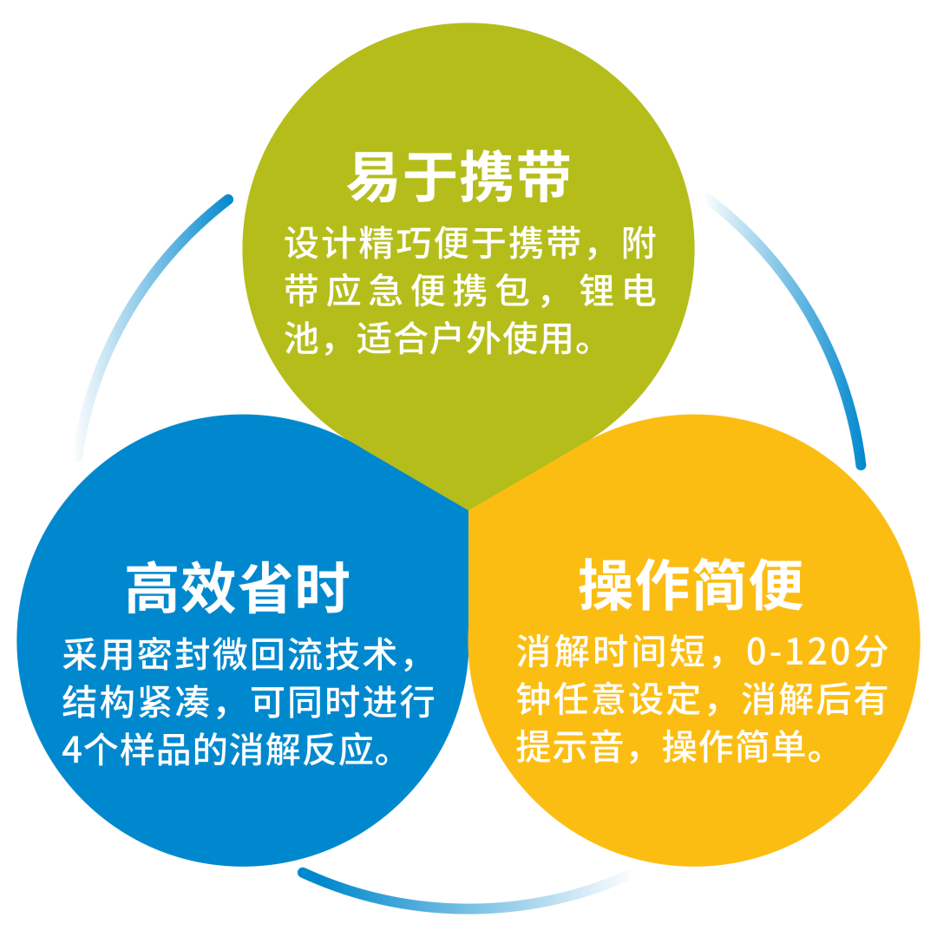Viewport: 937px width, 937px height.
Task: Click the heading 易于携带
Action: click(459, 178)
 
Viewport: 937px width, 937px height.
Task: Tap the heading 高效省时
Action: click(237, 587)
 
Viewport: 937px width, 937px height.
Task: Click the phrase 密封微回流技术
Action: click(260, 653)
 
